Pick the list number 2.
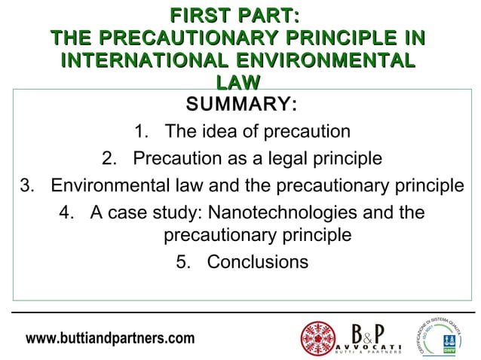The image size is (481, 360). (x=107, y=159)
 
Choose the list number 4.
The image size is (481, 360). (x=66, y=212)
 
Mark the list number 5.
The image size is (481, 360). (x=182, y=262)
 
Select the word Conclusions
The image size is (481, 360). (x=257, y=262)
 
